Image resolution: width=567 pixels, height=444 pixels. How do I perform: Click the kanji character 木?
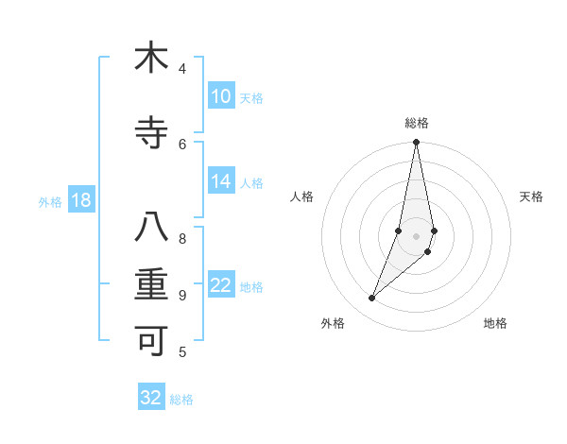(x=151, y=59)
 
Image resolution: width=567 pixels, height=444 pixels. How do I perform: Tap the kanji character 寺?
(x=151, y=133)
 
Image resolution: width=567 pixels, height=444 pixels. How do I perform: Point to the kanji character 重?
(x=151, y=284)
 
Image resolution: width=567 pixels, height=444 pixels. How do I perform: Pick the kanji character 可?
(x=151, y=338)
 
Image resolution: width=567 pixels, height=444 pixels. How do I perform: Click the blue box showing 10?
(x=221, y=96)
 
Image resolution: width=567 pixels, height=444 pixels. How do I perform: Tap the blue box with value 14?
(x=221, y=182)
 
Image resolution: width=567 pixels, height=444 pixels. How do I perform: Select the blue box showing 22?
(x=221, y=286)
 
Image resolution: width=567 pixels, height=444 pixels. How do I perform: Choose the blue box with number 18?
(x=80, y=201)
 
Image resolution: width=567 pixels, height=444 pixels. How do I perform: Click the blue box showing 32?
(x=151, y=398)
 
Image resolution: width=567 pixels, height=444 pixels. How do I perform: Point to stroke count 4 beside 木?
(x=182, y=68)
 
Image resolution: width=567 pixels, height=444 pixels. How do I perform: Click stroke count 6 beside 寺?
(x=182, y=144)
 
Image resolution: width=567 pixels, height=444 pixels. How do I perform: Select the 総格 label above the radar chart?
(x=417, y=123)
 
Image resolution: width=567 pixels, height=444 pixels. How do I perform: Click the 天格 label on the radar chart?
(x=531, y=196)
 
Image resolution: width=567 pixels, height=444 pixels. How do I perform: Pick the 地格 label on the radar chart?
(x=495, y=323)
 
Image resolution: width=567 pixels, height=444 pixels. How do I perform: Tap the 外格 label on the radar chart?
(x=333, y=323)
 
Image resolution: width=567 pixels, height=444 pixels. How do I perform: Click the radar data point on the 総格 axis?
(x=416, y=143)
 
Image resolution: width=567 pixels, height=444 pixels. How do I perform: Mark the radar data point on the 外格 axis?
(x=371, y=299)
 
